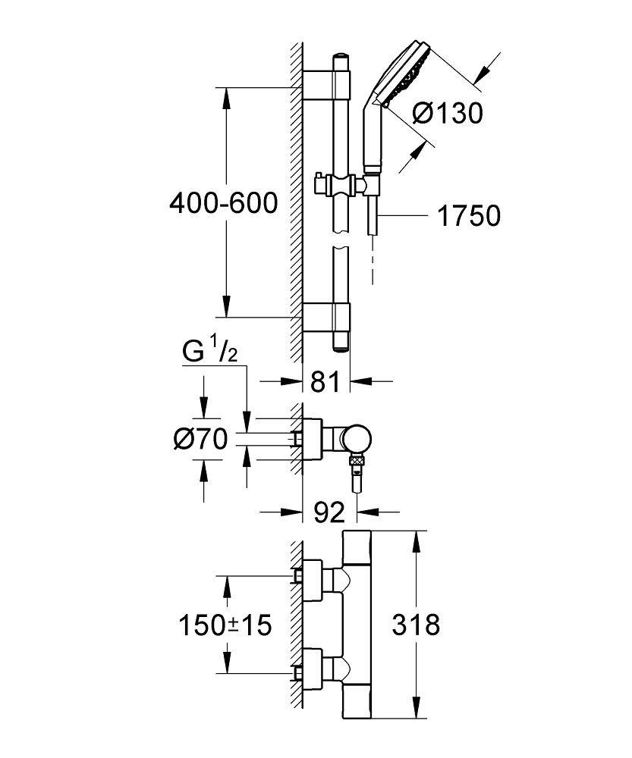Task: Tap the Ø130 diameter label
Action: (x=447, y=114)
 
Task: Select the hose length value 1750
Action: (x=469, y=217)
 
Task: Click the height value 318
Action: (x=415, y=626)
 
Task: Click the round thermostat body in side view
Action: (x=355, y=439)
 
